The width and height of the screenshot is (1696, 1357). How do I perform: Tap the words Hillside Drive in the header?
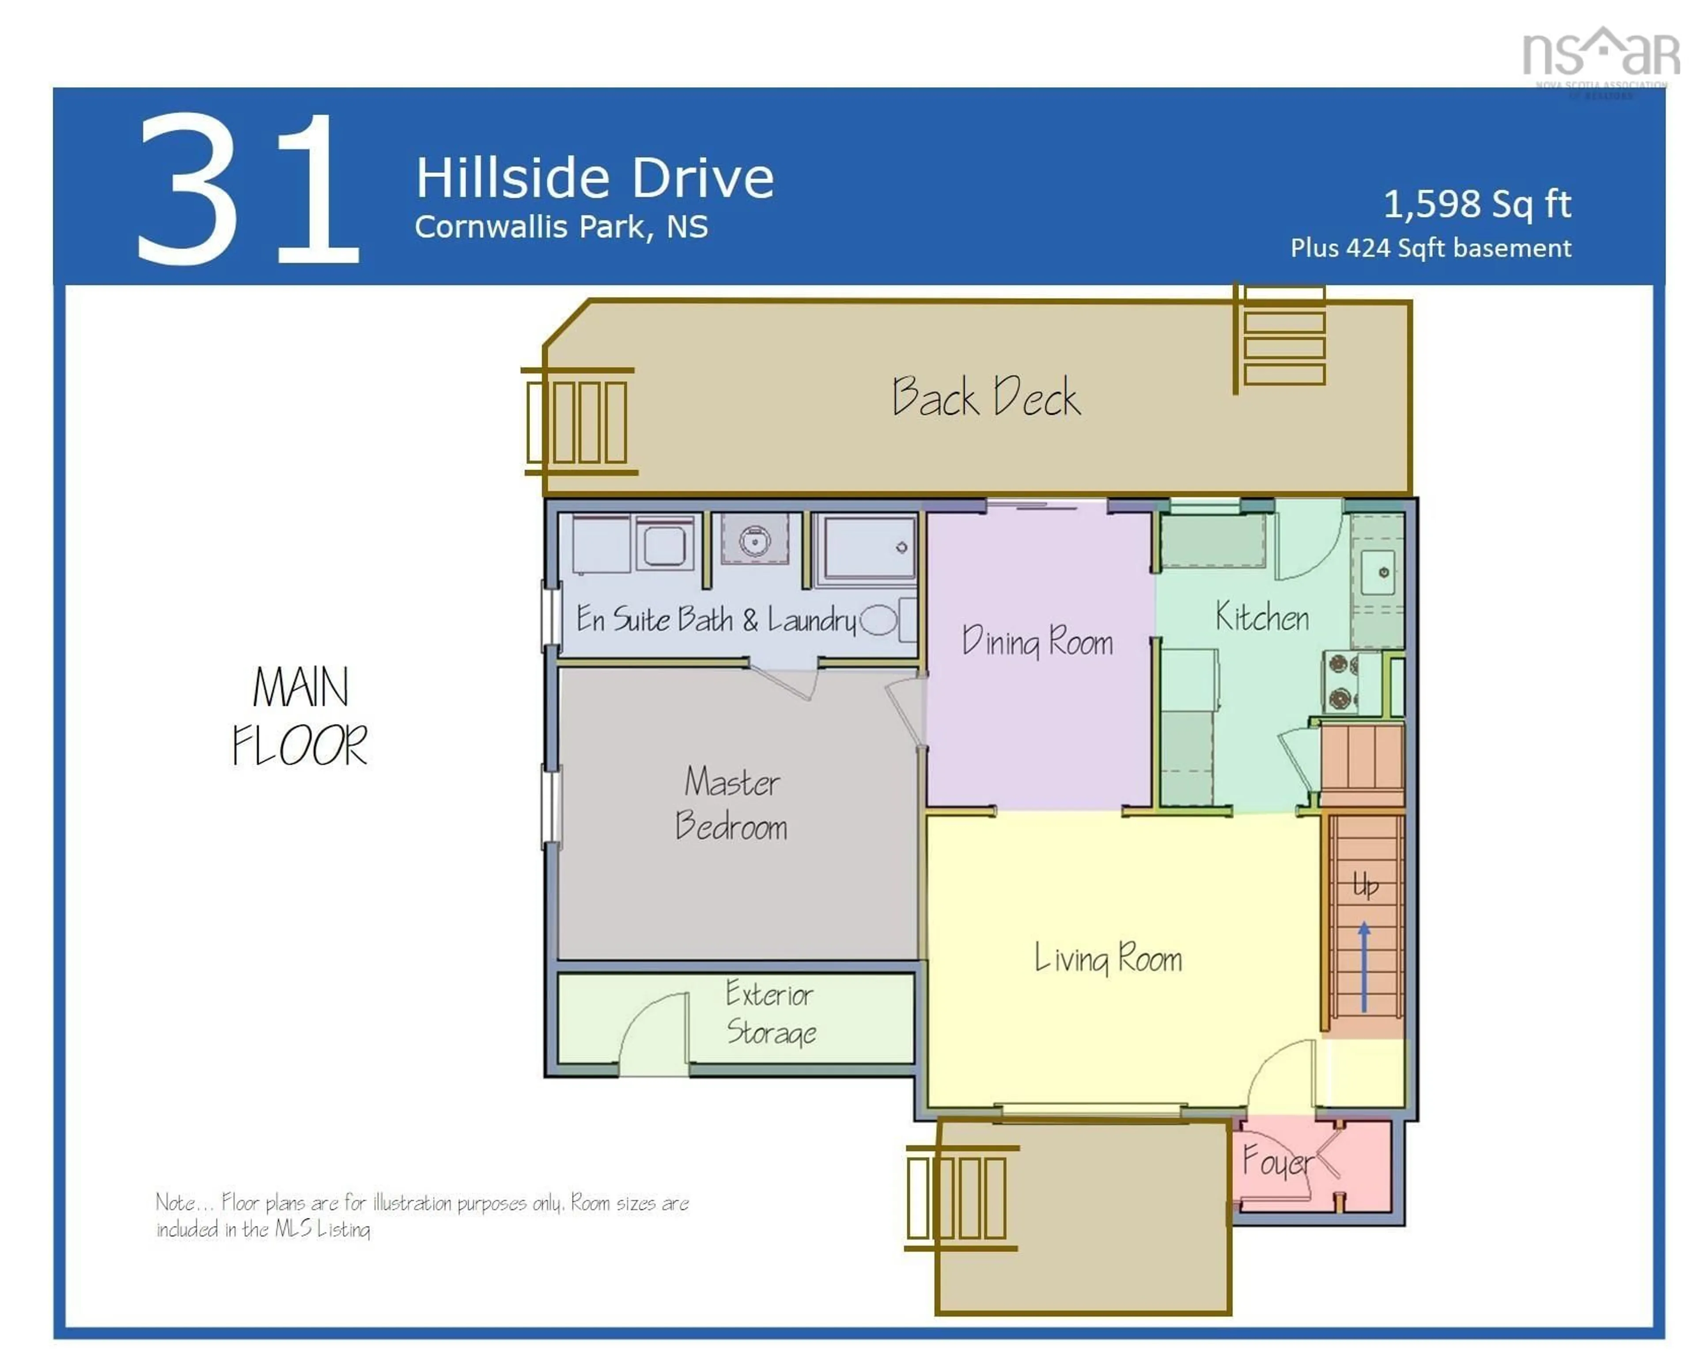pyautogui.click(x=594, y=178)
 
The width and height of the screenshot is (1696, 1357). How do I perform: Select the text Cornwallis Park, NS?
pyautogui.click(x=561, y=227)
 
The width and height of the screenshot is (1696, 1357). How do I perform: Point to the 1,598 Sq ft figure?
pyautogui.click(x=1476, y=204)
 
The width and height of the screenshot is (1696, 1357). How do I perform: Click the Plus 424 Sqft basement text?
pyautogui.click(x=1430, y=249)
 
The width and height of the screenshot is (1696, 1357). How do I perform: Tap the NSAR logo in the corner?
pyautogui.click(x=1600, y=55)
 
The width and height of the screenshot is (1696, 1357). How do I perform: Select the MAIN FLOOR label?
pyautogui.click(x=300, y=716)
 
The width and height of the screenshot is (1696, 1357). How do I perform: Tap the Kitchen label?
pyautogui.click(x=1262, y=617)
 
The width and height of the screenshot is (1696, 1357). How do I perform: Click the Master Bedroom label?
pyautogui.click(x=731, y=804)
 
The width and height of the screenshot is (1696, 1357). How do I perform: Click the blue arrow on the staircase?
pyautogui.click(x=1364, y=968)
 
